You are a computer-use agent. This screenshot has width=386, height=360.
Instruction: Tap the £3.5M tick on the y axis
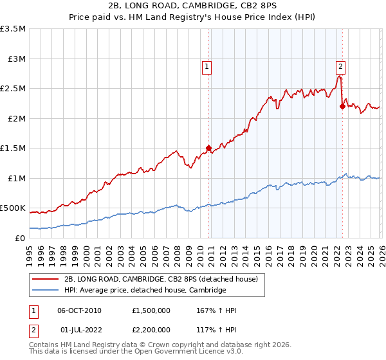13,29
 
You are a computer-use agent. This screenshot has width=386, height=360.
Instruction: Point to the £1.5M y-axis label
13,148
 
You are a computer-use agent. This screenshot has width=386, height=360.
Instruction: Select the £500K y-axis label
13,208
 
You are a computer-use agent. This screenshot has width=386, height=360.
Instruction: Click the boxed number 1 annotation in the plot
207,65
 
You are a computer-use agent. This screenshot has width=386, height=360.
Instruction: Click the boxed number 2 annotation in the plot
340,65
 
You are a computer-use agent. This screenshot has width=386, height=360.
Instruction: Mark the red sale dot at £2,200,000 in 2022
342,107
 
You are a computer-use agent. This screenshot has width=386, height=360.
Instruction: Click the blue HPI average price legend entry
145,290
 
